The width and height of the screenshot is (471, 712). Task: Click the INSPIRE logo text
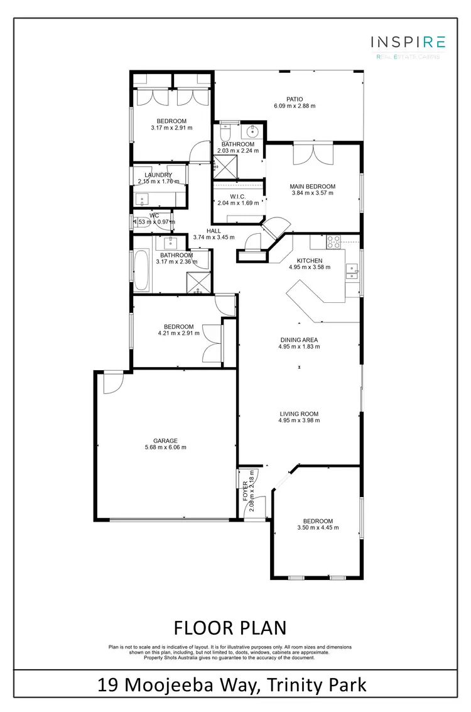(x=409, y=42)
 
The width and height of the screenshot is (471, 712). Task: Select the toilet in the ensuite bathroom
(x=226, y=133)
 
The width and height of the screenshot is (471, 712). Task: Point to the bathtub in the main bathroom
(x=140, y=270)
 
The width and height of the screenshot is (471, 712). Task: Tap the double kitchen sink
(x=352, y=271)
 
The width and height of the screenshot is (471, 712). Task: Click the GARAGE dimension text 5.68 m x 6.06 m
(x=165, y=447)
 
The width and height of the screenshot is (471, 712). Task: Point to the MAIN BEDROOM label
(x=312, y=187)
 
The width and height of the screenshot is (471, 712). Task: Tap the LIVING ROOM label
(x=299, y=414)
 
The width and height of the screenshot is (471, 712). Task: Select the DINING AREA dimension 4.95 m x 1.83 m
(x=299, y=347)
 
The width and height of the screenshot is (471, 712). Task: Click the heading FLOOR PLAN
(x=229, y=627)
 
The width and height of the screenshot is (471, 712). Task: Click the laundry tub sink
(x=142, y=199)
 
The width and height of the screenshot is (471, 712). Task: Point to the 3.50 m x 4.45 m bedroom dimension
(x=318, y=528)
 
